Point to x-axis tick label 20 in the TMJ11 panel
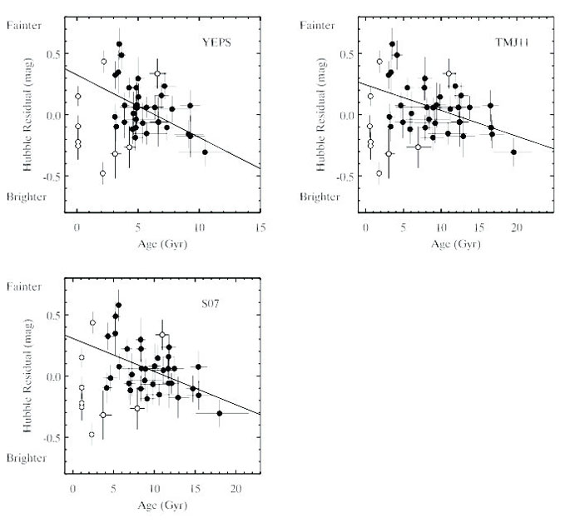pyautogui.click(x=516, y=225)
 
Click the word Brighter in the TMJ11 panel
pyautogui.click(x=319, y=197)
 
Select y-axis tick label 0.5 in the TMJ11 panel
pyautogui.click(x=345, y=54)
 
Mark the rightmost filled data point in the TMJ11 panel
pyautogui.click(x=513, y=152)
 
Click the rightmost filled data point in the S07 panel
pyautogui.click(x=220, y=413)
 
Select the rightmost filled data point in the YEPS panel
pyautogui.click(x=205, y=152)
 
